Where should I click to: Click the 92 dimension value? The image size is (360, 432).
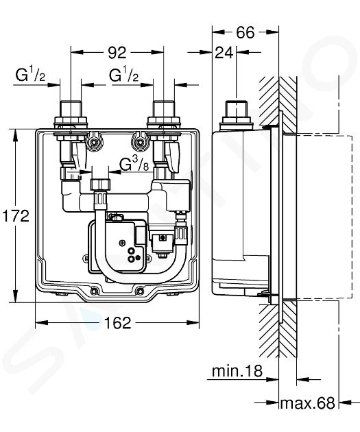coord(117,52)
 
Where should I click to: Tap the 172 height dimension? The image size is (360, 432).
coord(16,216)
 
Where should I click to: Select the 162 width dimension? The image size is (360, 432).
coord(118,322)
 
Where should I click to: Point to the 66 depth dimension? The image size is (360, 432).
coord(245,32)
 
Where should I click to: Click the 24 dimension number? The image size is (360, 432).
coord(224,52)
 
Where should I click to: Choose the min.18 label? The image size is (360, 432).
coord(237,371)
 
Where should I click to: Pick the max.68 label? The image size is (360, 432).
coord(307,403)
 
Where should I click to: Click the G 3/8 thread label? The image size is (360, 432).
coord(134,165)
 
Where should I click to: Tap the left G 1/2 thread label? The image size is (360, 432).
coord(30,75)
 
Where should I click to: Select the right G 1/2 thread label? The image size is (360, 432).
coord(123,75)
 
